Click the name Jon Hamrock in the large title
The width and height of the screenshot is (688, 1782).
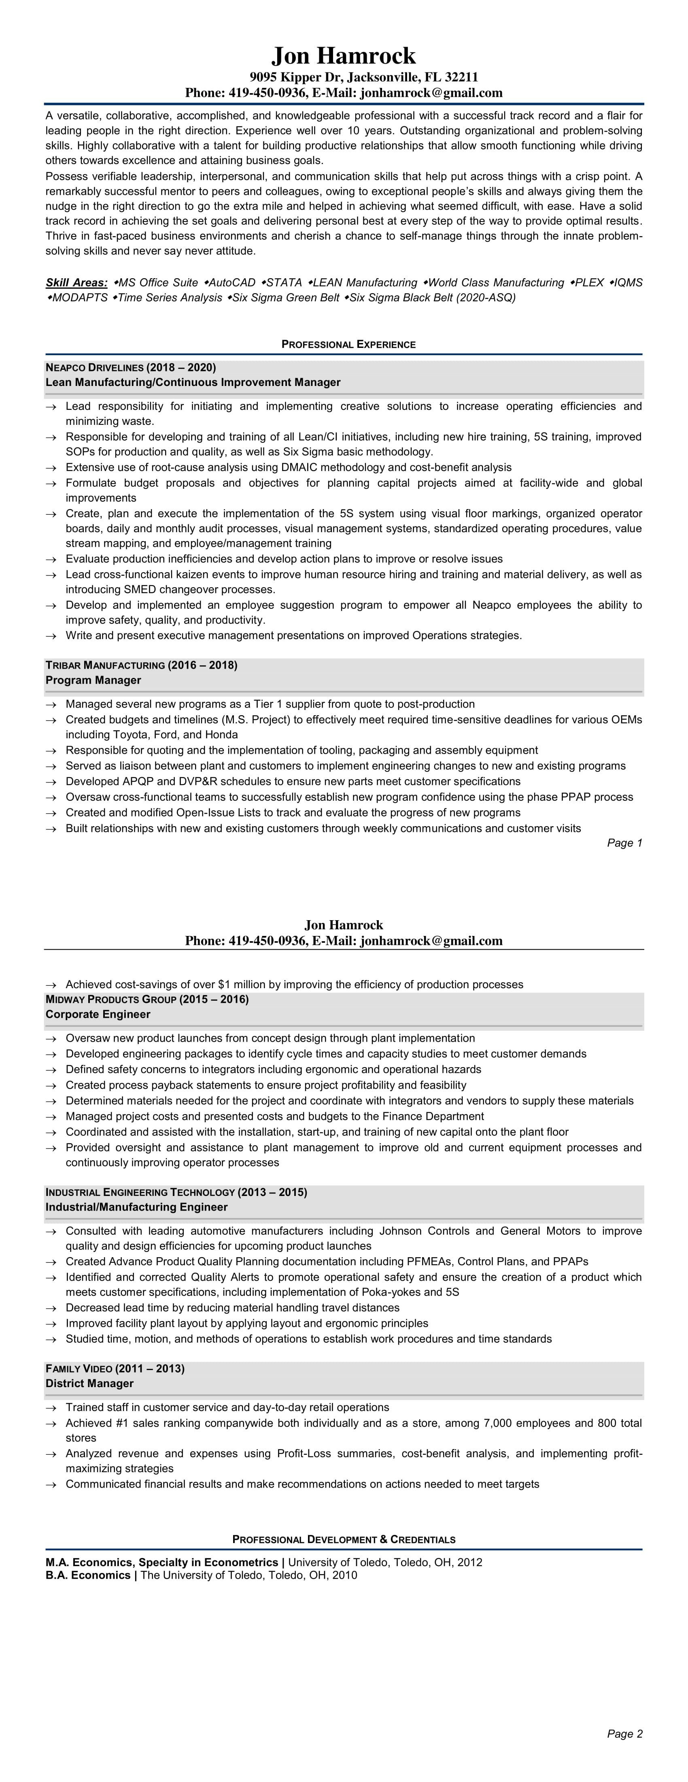tap(344, 55)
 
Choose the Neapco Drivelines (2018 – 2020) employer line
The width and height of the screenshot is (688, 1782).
tap(131, 367)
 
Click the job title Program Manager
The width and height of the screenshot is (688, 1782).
tap(93, 680)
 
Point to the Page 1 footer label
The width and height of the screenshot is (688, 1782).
tap(624, 842)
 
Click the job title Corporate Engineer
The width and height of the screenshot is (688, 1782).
tap(98, 1014)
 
